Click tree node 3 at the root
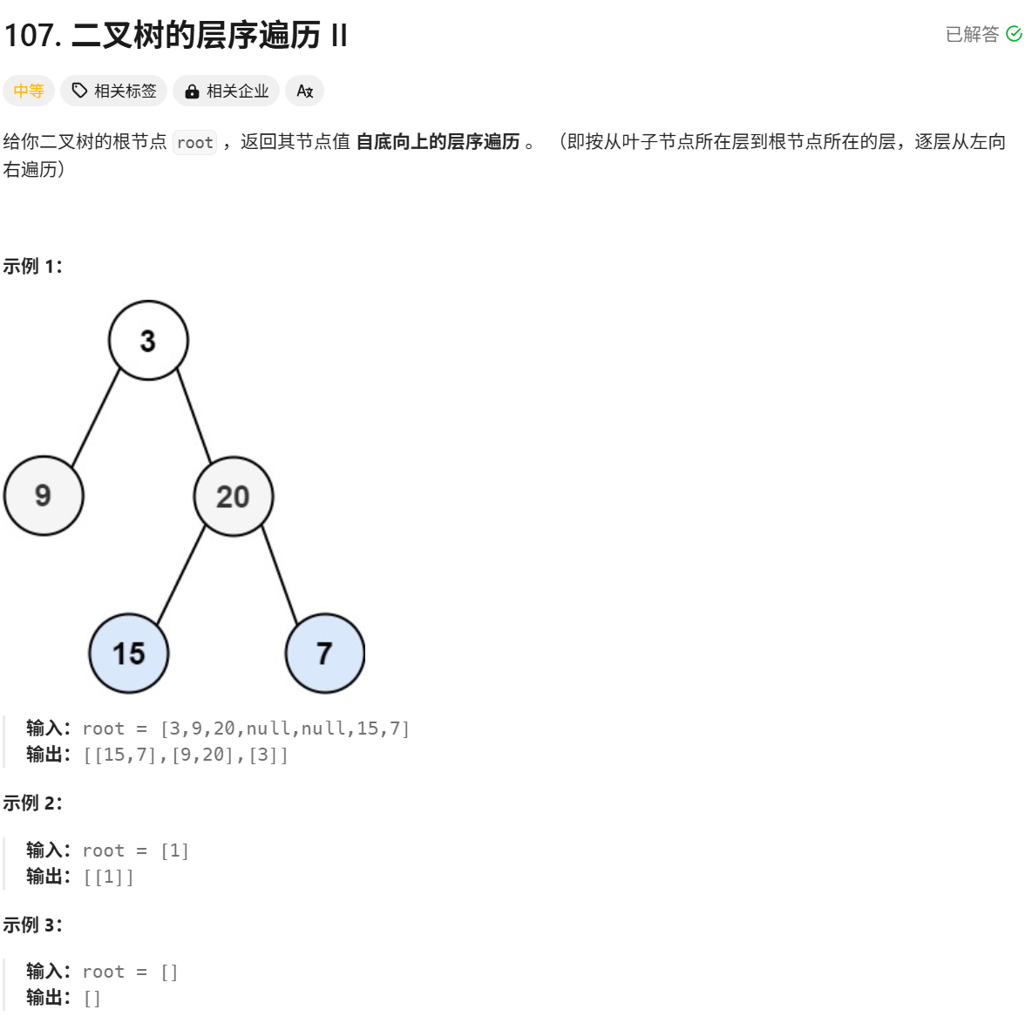pos(148,341)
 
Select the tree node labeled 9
pos(44,496)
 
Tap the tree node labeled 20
pos(233,496)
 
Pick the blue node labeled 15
pos(129,654)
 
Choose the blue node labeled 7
pos(324,654)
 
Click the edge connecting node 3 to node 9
pos(96,417)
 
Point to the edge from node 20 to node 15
pos(181,574)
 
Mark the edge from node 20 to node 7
pos(279,574)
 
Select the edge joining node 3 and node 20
pos(194,416)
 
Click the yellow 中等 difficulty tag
pos(29,91)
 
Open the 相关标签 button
pos(114,91)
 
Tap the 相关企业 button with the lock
pos(227,91)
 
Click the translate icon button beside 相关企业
pos(305,91)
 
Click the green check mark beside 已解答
pos(1014,34)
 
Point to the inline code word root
pos(194,142)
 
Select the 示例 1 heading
pos(33,267)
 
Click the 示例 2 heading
pos(33,803)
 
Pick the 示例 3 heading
pos(33,925)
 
